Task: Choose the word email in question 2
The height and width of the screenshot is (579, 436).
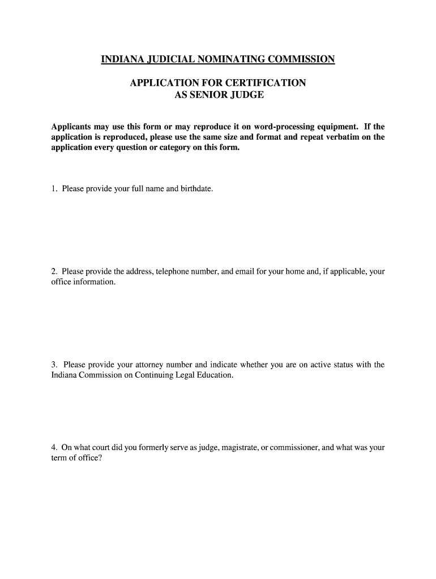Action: (241, 271)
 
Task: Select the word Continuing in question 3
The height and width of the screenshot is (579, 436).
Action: (156, 375)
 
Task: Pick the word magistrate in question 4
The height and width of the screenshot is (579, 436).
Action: (233, 448)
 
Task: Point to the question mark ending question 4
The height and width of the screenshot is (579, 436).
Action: (100, 458)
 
